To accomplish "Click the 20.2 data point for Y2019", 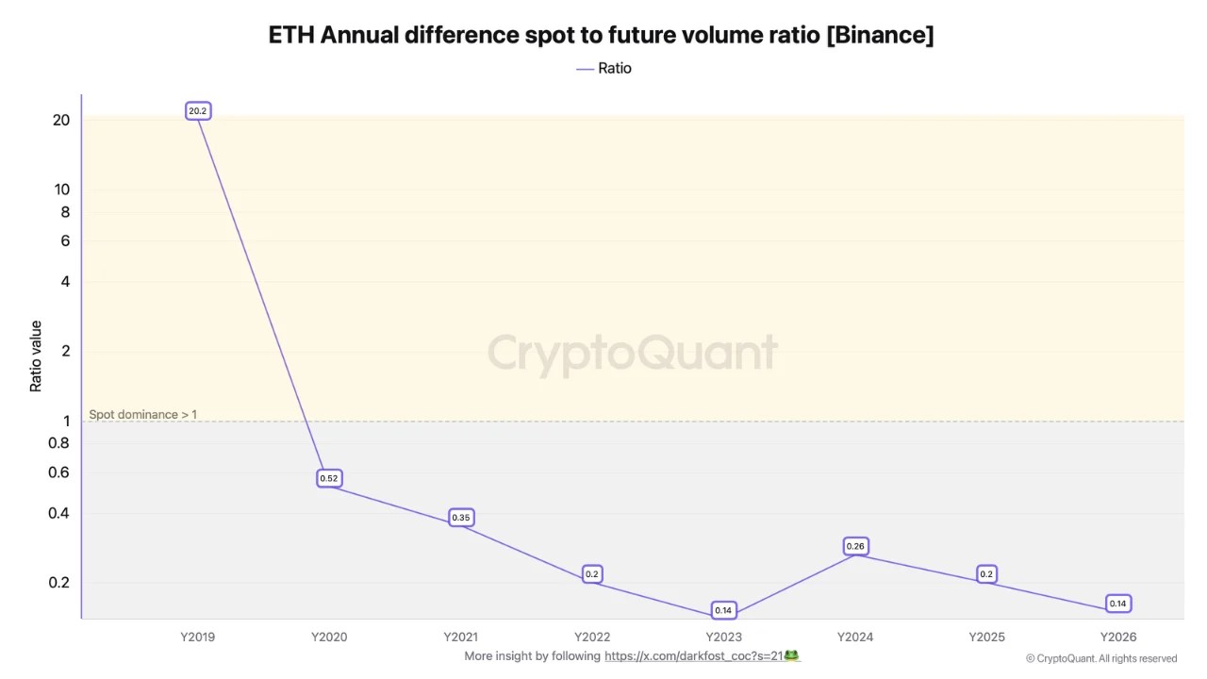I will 197,111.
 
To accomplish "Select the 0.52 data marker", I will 328,478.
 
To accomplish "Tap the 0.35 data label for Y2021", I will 460,518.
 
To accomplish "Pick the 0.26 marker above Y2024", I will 855,546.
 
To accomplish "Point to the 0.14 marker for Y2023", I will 723,610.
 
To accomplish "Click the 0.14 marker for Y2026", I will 1117,604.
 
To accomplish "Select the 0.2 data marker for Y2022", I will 591,573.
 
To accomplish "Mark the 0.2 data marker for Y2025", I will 986,573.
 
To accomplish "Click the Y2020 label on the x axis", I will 329,637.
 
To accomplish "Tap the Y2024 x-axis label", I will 855,637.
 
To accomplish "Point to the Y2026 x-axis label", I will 1118,637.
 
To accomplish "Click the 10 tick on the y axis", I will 61,189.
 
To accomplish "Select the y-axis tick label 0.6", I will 58,472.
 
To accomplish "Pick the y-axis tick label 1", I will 66,421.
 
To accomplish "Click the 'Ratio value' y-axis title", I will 36,356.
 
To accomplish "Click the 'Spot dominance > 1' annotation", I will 143,414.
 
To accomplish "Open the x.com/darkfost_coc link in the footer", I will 696,655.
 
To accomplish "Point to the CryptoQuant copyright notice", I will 1100,658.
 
